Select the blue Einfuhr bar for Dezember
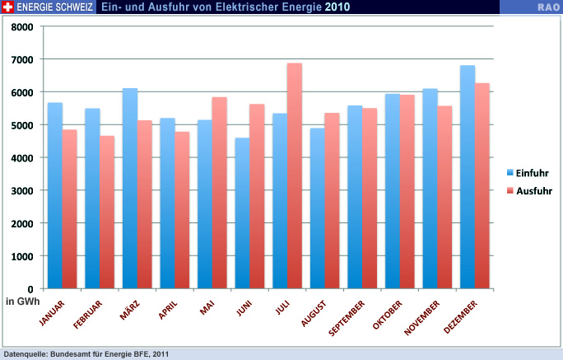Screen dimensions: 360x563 click(468, 177)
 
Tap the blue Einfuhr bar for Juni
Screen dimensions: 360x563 click(242, 213)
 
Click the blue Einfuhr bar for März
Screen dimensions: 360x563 click(130, 189)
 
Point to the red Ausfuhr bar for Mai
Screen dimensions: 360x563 click(220, 194)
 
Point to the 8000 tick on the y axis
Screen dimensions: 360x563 click(23, 26)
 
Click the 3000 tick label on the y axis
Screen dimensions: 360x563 click(23, 190)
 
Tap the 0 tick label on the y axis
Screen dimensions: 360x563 click(30, 289)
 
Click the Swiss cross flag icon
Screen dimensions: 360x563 click(8, 7)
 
